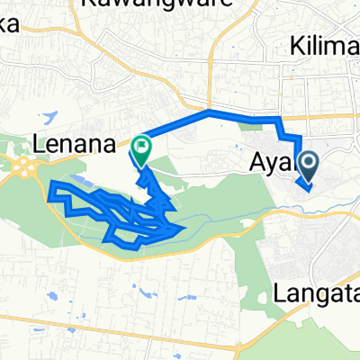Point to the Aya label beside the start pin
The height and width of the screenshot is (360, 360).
[x=269, y=165]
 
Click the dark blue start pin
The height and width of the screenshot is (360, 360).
[x=308, y=164]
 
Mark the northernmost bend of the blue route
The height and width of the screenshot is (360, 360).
[x=209, y=112]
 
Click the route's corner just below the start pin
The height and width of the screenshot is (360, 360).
[x=305, y=190]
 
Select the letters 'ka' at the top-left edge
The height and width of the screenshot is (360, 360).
[x=7, y=25]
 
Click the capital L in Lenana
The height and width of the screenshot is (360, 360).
[x=38, y=142]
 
